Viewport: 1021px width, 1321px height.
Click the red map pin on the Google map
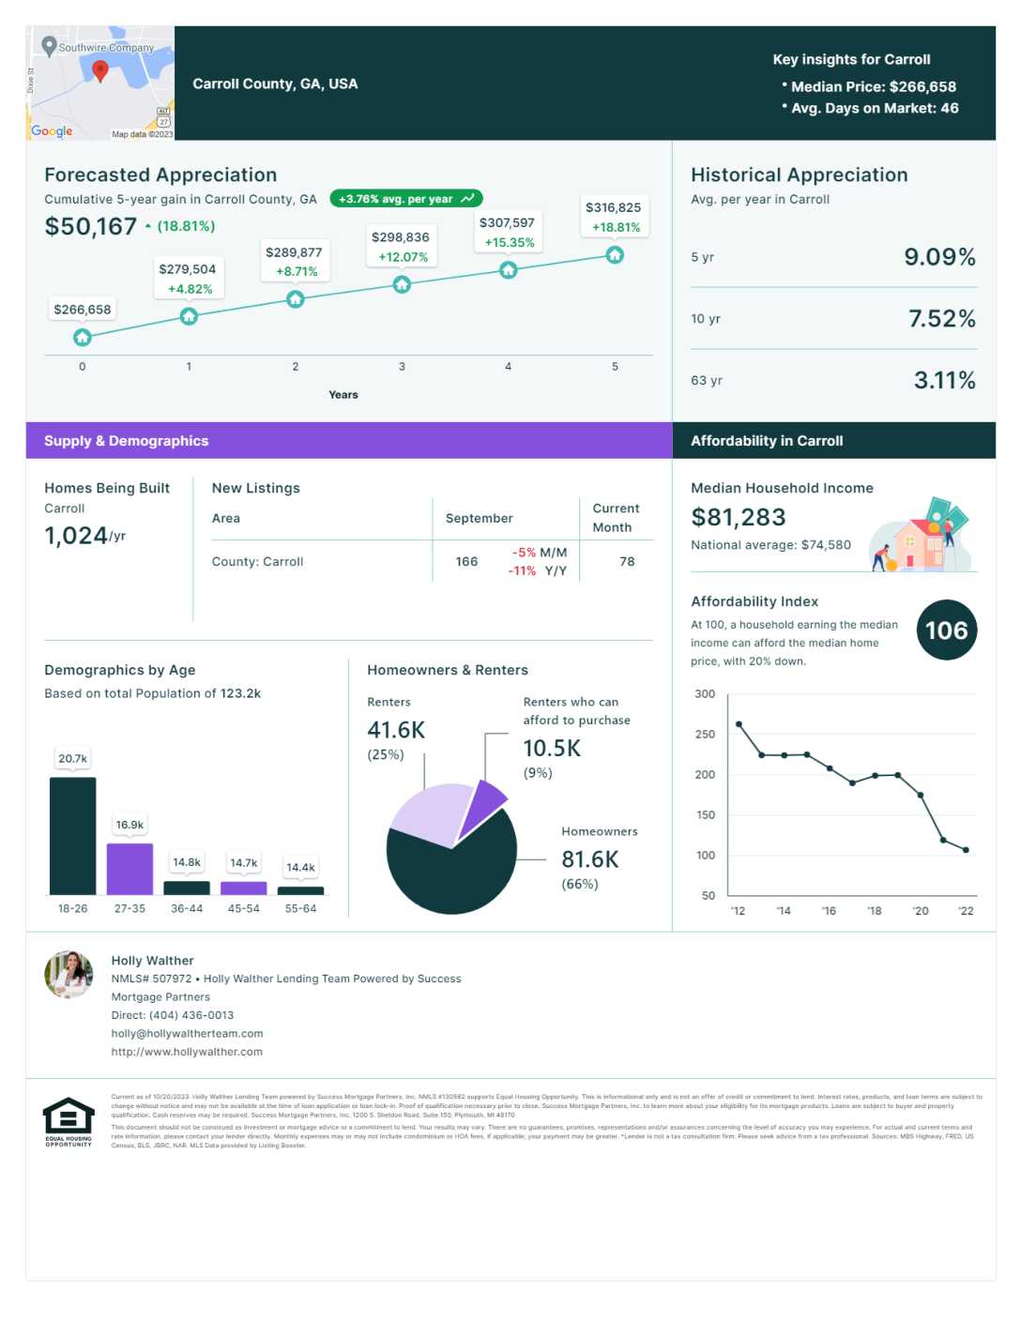tap(100, 70)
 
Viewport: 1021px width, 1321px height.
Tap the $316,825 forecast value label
tap(613, 208)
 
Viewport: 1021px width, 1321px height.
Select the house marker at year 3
tap(402, 284)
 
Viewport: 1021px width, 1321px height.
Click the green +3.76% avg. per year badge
tap(406, 199)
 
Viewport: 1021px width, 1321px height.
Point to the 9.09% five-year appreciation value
tap(939, 257)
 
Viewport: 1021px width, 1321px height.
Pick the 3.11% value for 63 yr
tap(944, 380)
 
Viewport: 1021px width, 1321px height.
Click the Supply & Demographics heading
tap(127, 441)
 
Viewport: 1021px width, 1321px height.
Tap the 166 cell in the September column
tap(466, 562)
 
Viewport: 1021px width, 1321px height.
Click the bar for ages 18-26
tap(72, 835)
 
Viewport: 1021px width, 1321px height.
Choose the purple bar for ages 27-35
tap(130, 869)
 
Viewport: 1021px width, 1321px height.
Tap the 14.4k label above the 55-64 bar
tap(300, 868)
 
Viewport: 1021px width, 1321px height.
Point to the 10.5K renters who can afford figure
tap(552, 748)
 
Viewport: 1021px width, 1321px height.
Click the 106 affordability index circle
tap(946, 630)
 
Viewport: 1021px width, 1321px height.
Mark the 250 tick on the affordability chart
tap(705, 735)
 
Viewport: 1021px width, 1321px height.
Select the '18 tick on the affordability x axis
tap(874, 911)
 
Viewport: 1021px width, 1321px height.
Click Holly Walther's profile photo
tap(69, 975)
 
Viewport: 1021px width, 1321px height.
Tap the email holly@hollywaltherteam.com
tap(187, 1034)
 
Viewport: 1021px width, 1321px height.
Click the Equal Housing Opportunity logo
tap(69, 1121)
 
